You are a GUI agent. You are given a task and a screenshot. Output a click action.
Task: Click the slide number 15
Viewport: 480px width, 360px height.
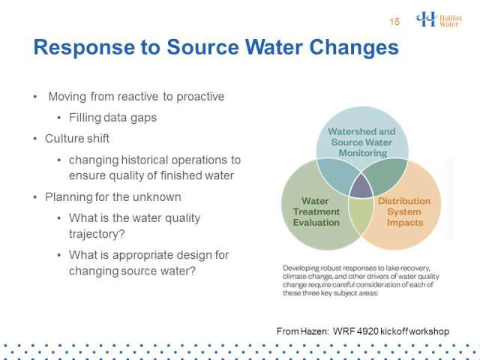click(394, 22)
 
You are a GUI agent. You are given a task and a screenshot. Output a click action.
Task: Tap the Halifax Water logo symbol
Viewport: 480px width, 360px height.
click(426, 19)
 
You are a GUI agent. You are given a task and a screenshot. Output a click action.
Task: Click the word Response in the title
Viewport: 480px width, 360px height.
click(84, 47)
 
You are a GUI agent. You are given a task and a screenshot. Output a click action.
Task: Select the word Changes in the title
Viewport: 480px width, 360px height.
click(354, 47)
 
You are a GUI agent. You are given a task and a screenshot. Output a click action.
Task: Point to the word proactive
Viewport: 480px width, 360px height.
click(200, 97)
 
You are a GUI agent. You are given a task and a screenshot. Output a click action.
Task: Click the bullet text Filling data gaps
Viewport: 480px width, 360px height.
click(112, 118)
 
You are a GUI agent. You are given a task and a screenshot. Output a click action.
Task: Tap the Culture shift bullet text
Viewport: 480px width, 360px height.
click(77, 139)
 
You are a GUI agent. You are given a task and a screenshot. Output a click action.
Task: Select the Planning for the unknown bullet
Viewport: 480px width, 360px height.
click(113, 196)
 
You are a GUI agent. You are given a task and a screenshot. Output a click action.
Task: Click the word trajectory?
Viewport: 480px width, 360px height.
click(97, 234)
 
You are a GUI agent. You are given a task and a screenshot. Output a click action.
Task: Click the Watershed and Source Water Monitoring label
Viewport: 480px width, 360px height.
click(361, 142)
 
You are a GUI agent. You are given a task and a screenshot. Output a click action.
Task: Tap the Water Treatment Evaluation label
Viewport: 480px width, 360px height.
click(316, 211)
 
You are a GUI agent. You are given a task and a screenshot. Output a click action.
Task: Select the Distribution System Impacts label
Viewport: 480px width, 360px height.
click(404, 211)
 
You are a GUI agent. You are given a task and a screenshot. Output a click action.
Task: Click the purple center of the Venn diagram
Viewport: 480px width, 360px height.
click(361, 187)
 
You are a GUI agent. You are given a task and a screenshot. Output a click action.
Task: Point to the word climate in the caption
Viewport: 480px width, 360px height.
click(294, 277)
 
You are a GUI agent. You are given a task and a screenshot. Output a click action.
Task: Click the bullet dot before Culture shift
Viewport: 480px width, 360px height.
click(35, 139)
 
